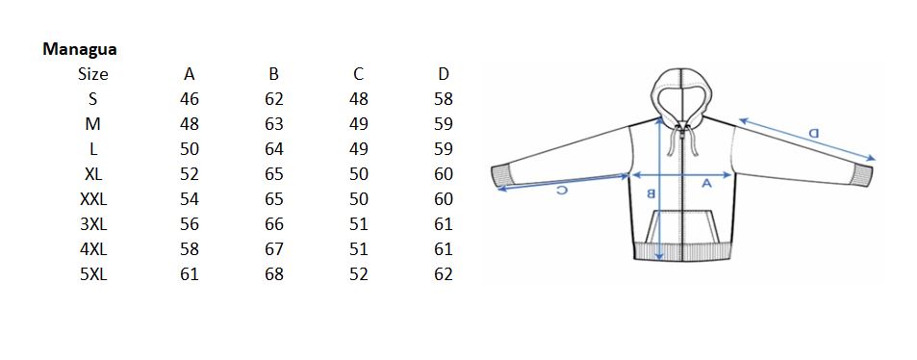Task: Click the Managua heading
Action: tap(80, 49)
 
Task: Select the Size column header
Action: tap(93, 74)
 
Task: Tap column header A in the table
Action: tap(190, 74)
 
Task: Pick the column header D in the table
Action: tap(444, 74)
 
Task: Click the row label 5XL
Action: tap(93, 274)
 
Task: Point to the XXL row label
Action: tap(93, 199)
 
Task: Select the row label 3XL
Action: tap(93, 224)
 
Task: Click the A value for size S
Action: tap(190, 99)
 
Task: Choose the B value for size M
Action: tap(274, 124)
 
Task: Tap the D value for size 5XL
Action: tap(444, 274)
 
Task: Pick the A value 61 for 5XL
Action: tap(190, 274)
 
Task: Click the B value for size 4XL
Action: tap(274, 249)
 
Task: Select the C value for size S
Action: tap(359, 99)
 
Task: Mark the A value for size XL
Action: tap(190, 174)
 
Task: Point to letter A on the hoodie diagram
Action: tap(706, 184)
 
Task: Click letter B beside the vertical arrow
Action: tap(650, 193)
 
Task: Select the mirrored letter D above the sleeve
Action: tap(813, 133)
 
